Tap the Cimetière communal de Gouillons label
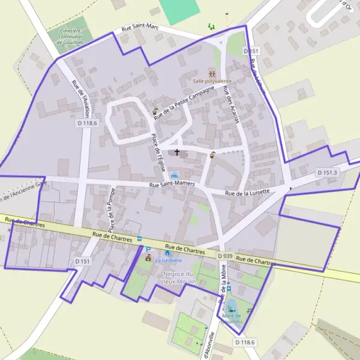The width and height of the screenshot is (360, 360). pos(70,35)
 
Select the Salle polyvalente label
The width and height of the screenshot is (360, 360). pos(212,80)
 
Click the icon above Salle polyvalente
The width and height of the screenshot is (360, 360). pos(212,73)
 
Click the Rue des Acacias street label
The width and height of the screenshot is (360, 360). pos(230,106)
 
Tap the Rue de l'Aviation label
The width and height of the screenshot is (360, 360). pos(80,99)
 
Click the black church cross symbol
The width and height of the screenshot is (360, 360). pos(177,152)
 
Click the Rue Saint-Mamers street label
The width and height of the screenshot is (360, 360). pos(172,183)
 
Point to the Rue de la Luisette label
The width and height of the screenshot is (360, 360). pos(248,192)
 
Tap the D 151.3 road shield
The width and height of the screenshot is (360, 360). pos(328,173)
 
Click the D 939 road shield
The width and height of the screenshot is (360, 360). pos(224,256)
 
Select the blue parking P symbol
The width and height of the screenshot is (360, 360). pos(148,249)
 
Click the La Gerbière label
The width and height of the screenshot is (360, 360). pos(169,260)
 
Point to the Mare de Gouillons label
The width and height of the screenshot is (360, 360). pos(232,318)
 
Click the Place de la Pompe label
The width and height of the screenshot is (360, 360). pos(111,210)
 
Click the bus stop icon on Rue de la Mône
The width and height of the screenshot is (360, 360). pos(228,289)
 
